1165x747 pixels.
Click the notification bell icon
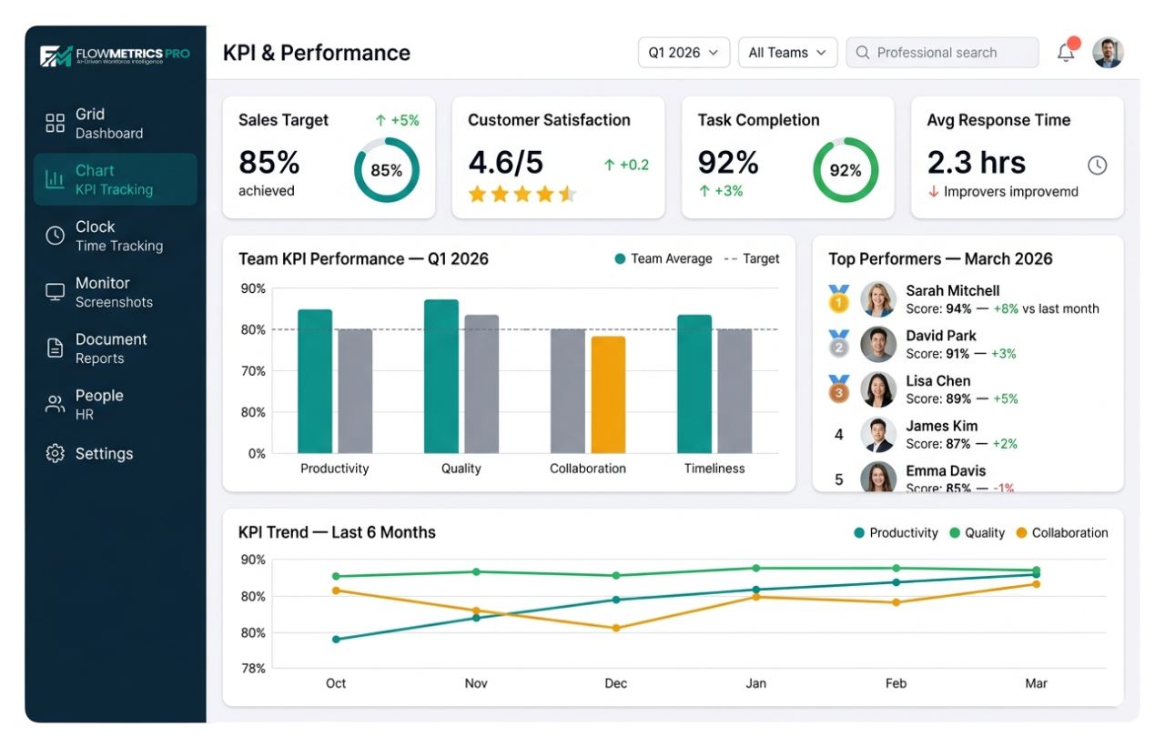(1065, 53)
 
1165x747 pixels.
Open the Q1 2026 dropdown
(684, 53)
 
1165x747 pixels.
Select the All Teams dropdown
(787, 53)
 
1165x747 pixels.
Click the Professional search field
(942, 53)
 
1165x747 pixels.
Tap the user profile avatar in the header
(1108, 53)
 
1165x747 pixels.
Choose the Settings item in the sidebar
(104, 453)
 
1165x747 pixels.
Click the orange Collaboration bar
(608, 395)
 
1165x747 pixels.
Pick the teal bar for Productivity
(315, 381)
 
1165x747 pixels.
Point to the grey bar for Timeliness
(734, 390)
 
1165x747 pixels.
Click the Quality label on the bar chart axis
(461, 469)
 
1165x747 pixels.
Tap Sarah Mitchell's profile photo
(878, 299)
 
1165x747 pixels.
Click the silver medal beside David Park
(838, 344)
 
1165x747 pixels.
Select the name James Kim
(941, 426)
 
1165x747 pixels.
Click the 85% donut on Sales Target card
(386, 170)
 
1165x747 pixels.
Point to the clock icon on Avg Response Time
(1097, 165)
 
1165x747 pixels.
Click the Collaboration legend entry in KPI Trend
(1061, 533)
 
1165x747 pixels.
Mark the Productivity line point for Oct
(336, 639)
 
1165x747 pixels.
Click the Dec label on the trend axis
(616, 683)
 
